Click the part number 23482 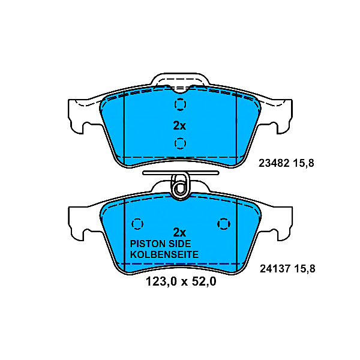pyautogui.click(x=273, y=163)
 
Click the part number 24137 pyautogui.click(x=273, y=269)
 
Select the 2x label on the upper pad pyautogui.click(x=179, y=126)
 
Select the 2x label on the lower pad pyautogui.click(x=179, y=232)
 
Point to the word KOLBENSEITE pyautogui.click(x=164, y=255)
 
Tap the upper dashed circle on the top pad pyautogui.click(x=180, y=106)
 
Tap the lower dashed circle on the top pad pyautogui.click(x=180, y=143)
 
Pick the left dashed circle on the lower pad pyautogui.click(x=137, y=223)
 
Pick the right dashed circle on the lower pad pyautogui.click(x=223, y=223)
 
